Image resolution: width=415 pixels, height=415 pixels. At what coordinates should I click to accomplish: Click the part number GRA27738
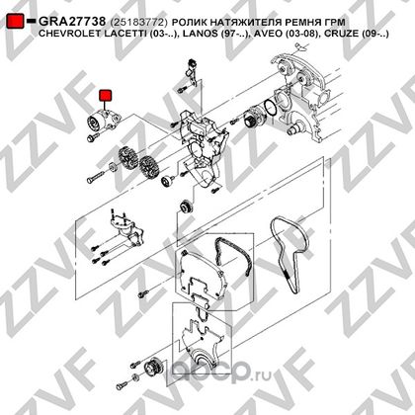coord(72,22)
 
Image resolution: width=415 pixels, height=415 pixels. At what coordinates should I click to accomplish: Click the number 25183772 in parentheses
coord(139,23)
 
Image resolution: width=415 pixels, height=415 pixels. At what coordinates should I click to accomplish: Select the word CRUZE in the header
coord(341,34)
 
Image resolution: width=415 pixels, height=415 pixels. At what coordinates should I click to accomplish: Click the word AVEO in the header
coord(266,34)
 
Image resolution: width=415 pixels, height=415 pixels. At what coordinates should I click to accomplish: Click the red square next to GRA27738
coord(15,21)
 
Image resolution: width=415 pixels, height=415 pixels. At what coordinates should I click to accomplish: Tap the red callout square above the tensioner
coord(106,95)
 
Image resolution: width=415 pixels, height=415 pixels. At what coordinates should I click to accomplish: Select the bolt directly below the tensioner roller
coord(92,137)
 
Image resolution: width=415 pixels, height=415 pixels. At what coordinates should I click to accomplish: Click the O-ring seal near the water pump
coord(270,108)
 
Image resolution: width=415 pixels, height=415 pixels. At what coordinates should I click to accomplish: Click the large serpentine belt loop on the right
coord(289,253)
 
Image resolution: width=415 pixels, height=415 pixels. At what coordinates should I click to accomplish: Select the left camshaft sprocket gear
coord(127,158)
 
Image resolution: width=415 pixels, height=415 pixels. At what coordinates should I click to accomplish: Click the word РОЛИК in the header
coord(189,23)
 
